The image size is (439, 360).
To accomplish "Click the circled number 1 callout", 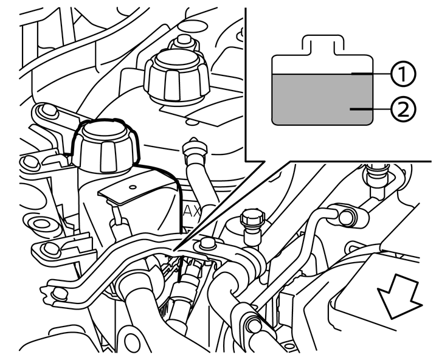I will coord(402,74).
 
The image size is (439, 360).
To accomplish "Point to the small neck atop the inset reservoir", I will coord(321,44).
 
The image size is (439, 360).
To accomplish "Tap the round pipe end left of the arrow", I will coord(349,214).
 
